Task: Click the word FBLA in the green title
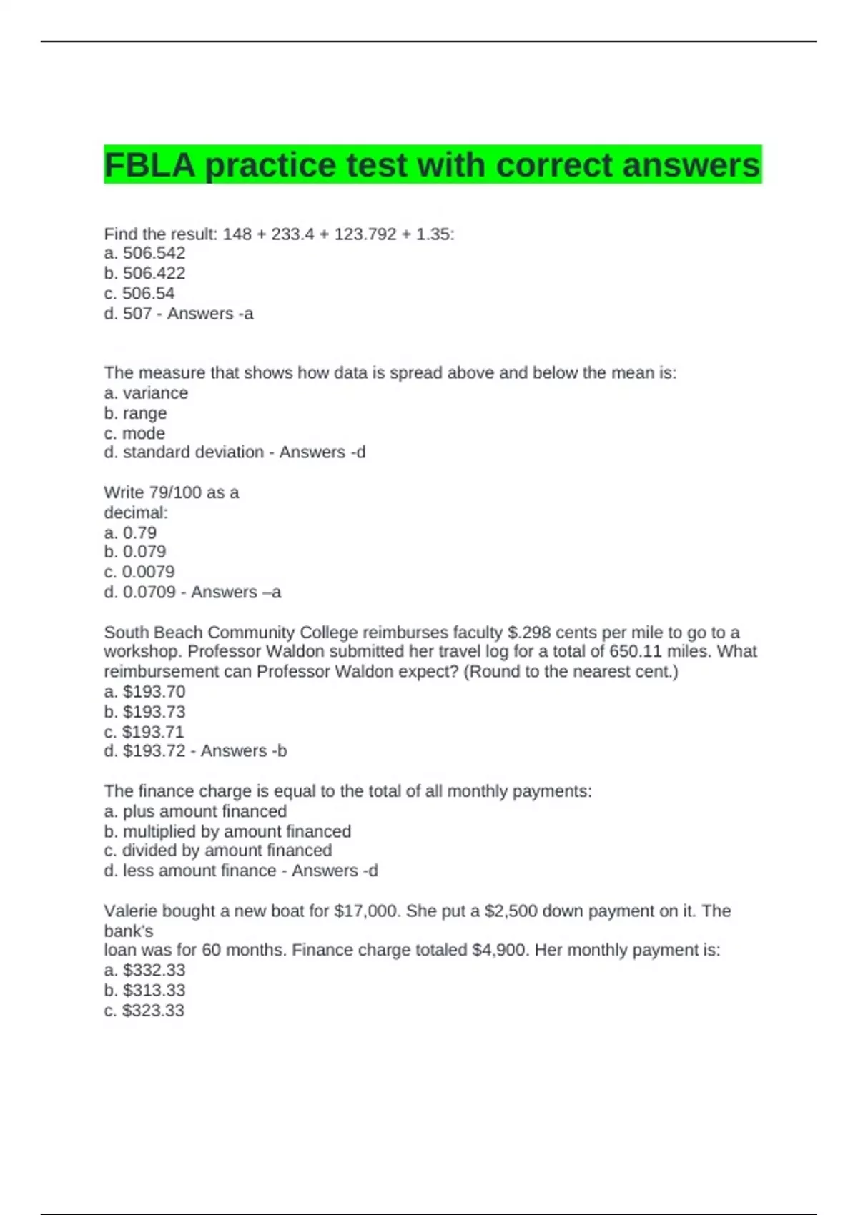pos(149,165)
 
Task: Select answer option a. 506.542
pos(144,253)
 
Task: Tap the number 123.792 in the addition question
pos(365,234)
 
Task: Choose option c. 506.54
pos(139,293)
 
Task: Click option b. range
pos(135,413)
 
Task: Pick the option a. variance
pos(146,393)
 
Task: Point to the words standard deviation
pos(193,452)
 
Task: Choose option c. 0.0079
pos(139,572)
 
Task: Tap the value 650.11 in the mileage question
pos(632,652)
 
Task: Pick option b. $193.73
pos(144,712)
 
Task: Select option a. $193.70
pos(144,692)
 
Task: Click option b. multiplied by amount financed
pos(227,831)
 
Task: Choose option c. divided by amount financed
pos(217,850)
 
